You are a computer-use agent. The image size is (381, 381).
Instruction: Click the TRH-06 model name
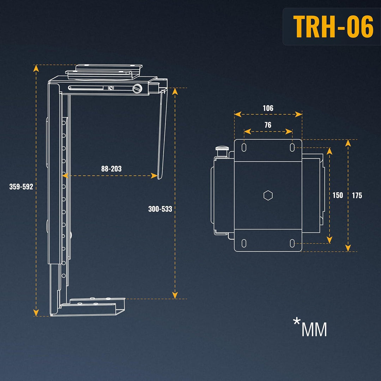(x=333, y=26)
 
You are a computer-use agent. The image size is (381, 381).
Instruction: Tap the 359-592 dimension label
(x=21, y=187)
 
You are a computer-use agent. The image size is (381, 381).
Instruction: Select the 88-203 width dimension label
(x=111, y=169)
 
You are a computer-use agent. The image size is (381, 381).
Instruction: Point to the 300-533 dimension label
(x=160, y=209)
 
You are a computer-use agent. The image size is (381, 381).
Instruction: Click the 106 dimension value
(x=268, y=108)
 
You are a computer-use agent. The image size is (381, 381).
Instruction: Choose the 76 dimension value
(x=268, y=125)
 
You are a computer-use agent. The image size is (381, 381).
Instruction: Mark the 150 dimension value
(x=338, y=195)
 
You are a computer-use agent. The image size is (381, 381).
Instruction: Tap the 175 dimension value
(x=357, y=195)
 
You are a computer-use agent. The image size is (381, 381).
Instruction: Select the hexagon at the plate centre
(x=268, y=195)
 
